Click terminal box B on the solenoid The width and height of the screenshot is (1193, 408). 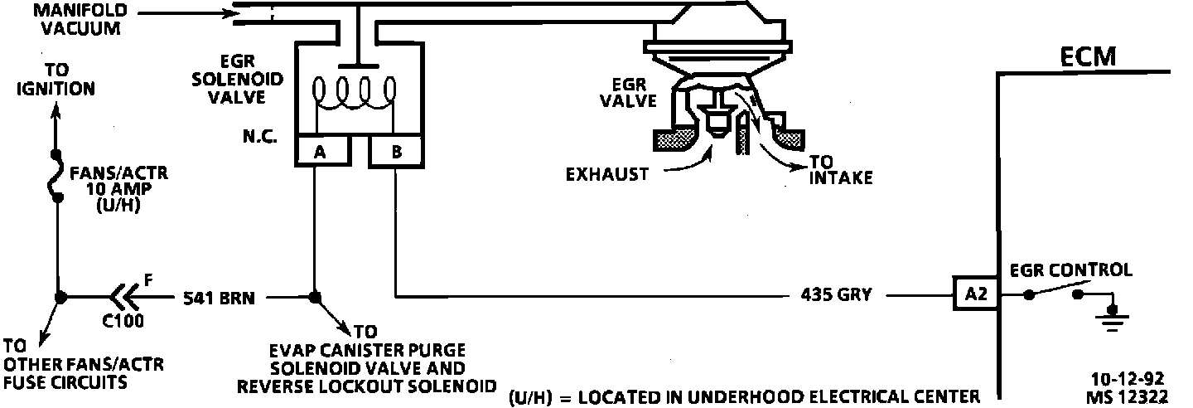tap(395, 152)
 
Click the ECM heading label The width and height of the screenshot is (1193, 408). tap(1089, 56)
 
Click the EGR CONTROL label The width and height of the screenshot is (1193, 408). tap(1070, 270)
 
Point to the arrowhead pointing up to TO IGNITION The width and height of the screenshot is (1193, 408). tap(56, 109)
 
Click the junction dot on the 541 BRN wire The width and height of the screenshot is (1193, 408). tap(314, 296)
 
